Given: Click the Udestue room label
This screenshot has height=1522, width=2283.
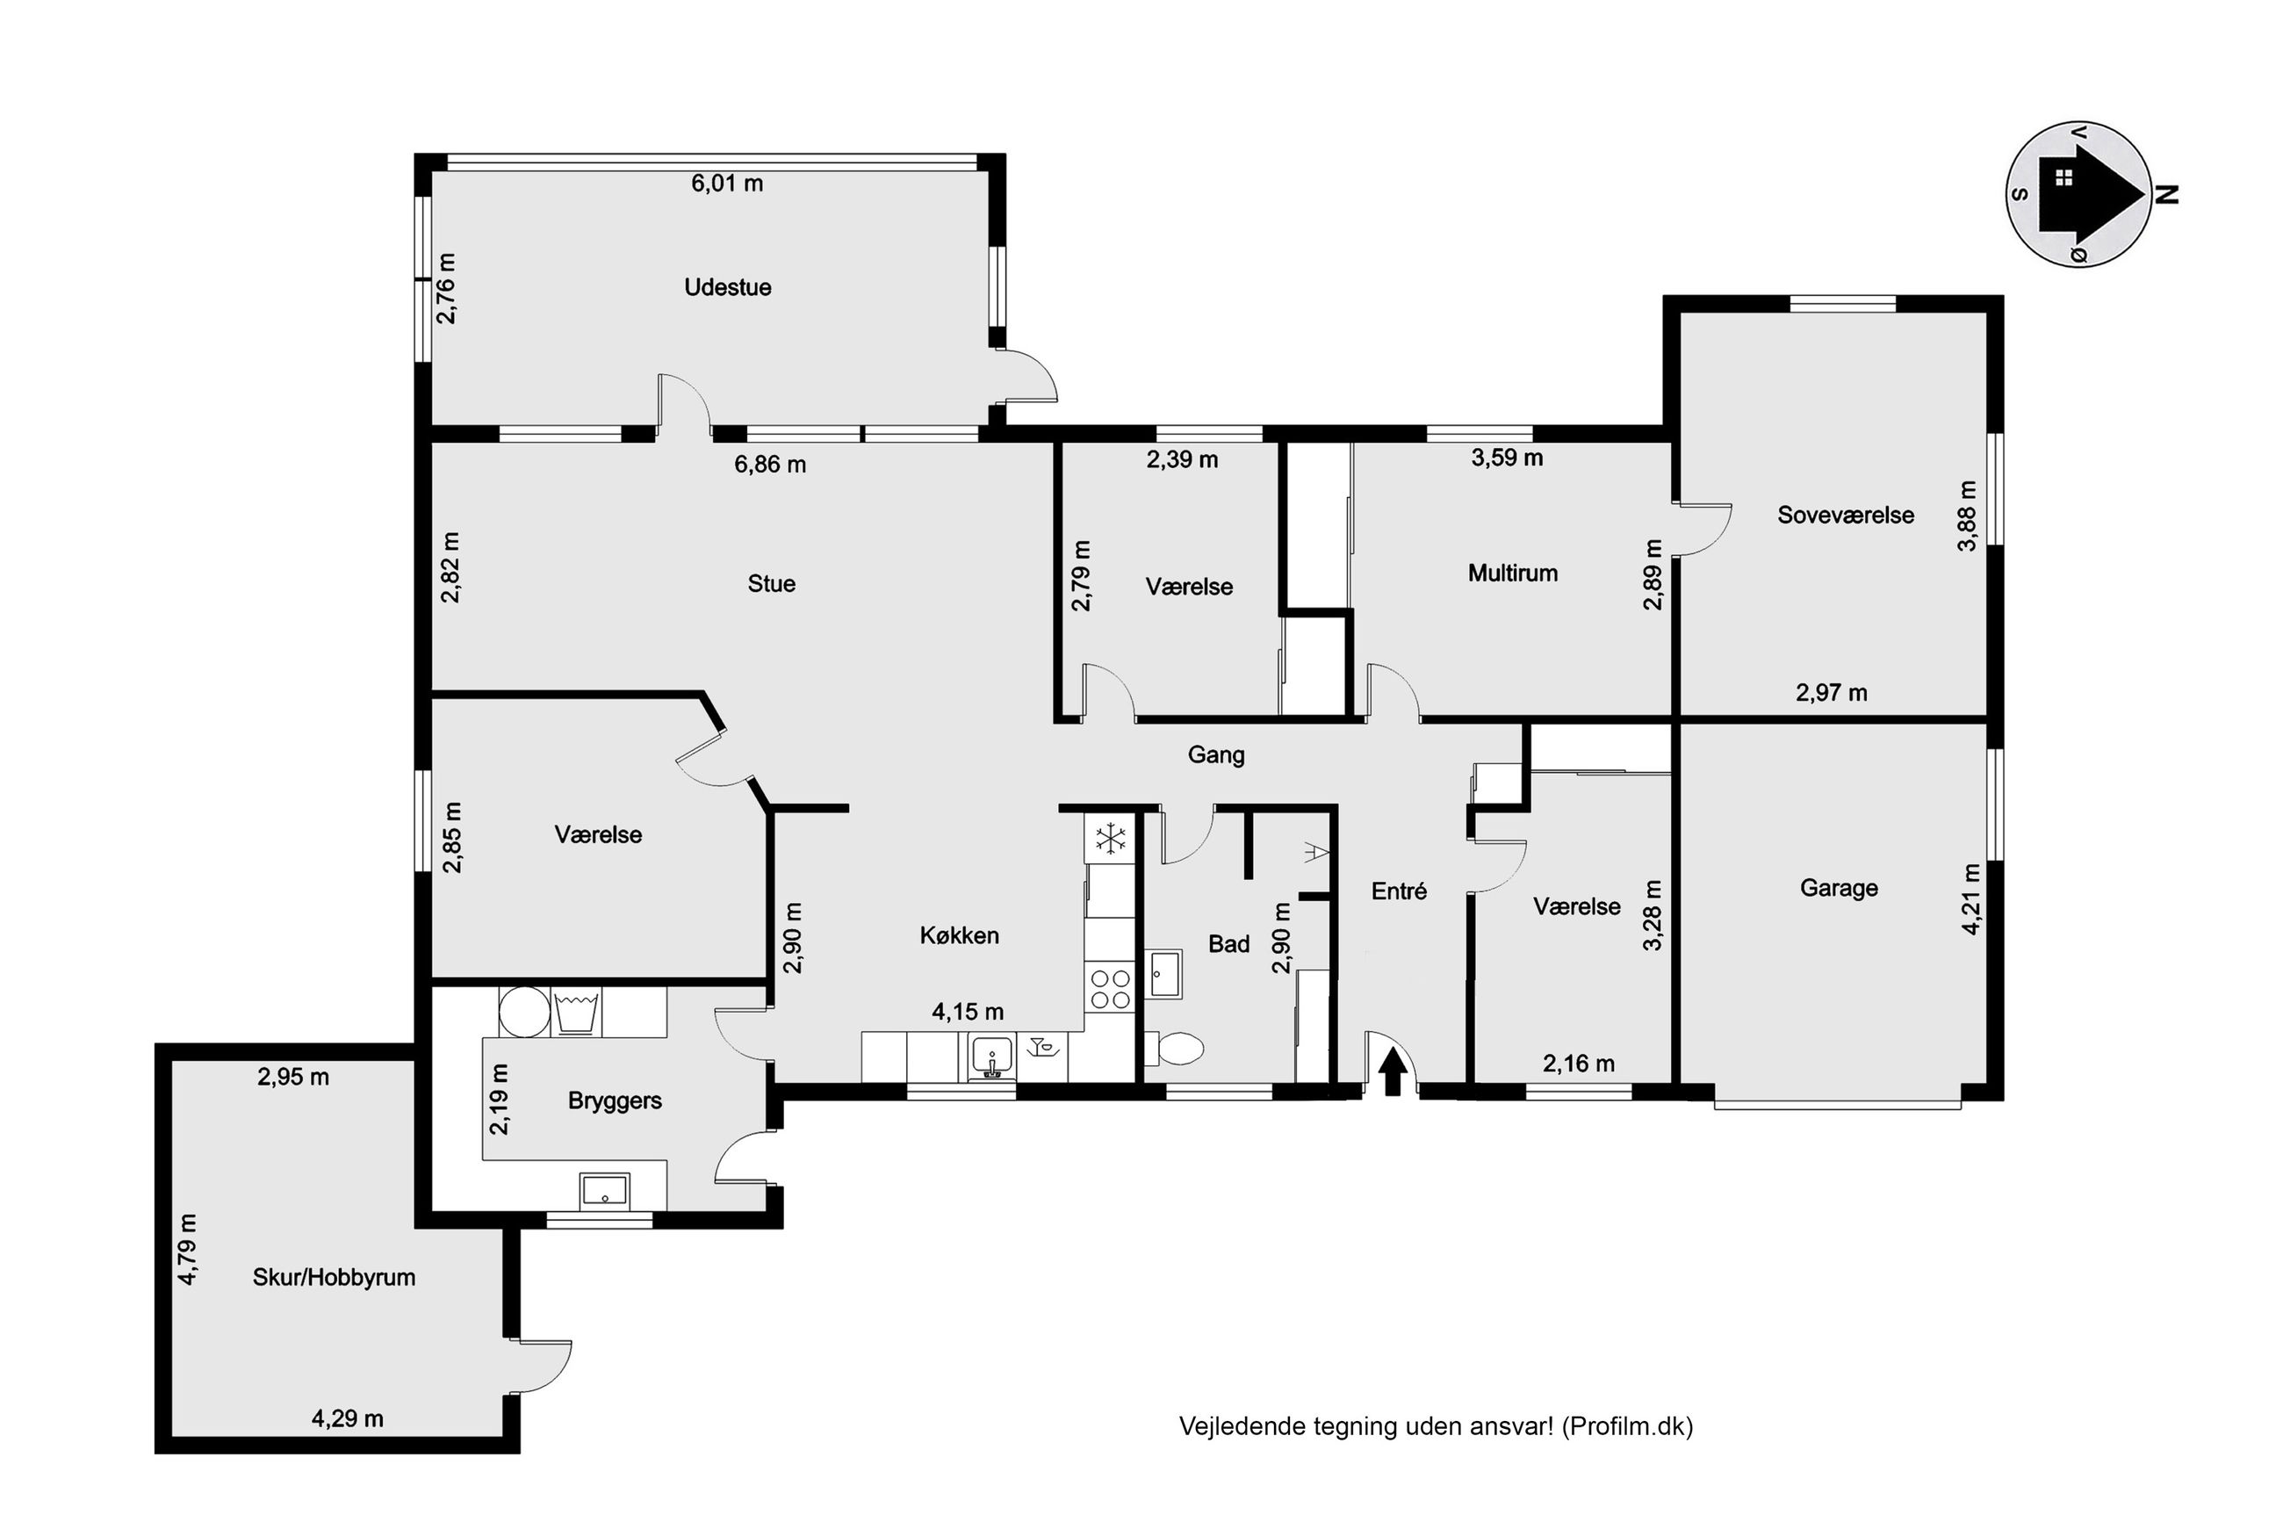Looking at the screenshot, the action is pos(727,287).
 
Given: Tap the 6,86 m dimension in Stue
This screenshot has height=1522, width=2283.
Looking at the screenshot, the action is pos(769,464).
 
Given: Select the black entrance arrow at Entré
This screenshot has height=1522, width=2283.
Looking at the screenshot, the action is pos(1393,1071).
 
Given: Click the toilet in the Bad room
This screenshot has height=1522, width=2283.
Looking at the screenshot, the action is pos(1175,1048).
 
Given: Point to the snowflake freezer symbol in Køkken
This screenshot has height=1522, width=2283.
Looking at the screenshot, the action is pos(1109,839).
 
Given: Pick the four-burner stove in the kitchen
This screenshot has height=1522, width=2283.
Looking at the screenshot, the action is pos(1110,988).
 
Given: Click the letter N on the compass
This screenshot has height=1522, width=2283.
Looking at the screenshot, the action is pos(2166,194).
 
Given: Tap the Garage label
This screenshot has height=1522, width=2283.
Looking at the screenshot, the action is pos(1839,888).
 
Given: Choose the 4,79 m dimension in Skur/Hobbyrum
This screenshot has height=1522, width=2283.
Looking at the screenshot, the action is pos(187,1249).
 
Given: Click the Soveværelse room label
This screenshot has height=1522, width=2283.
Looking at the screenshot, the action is pos(1846,515).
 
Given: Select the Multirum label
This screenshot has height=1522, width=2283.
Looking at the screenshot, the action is pos(1513,573).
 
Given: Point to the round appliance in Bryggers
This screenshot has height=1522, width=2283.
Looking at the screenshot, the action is pos(524,1013).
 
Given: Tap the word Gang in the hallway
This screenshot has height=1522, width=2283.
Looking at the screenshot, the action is pos(1216,755).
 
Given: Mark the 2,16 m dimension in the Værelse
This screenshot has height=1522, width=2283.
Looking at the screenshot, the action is pos(1579,1064).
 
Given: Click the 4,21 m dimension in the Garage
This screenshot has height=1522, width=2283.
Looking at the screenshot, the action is pos(1970,898).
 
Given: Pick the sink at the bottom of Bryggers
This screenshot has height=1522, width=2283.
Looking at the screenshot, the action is pos(603,1190).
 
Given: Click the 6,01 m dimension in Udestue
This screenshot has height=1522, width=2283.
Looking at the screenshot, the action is pos(727,184).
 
